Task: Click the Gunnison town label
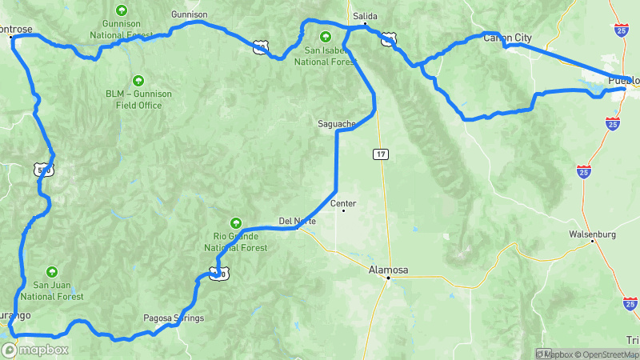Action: point(190,14)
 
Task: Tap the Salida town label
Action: point(365,15)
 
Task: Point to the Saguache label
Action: point(336,124)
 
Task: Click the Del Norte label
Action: point(297,221)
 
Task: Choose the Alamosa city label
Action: point(388,270)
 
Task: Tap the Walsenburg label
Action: point(592,234)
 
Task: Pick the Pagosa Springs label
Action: point(174,318)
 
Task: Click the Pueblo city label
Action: point(623,80)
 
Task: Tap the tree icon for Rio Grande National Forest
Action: point(235,222)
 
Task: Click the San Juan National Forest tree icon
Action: point(53,271)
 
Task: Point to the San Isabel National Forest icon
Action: point(326,35)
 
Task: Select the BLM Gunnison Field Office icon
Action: point(138,80)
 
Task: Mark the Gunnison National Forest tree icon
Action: point(122,10)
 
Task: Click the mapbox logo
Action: point(35,350)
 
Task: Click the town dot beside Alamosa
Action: point(388,278)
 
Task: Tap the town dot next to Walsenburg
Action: point(592,243)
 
